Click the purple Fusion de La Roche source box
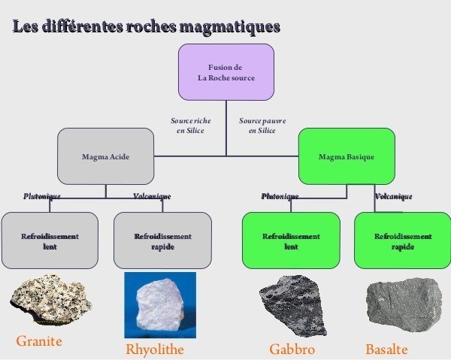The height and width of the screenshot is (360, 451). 225,72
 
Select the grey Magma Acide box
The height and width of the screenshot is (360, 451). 105,156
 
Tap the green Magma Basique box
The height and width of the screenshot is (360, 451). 347,156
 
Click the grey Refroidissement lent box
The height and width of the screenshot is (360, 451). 50,241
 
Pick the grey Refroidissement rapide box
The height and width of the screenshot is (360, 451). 162,241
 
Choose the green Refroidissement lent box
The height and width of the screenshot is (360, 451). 290,241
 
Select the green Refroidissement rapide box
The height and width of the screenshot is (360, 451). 403,241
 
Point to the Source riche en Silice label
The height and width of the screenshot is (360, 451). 190,126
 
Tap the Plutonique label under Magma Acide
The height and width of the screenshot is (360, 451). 41,196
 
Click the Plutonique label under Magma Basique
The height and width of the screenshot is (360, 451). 280,196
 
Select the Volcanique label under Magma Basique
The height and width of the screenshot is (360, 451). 393,196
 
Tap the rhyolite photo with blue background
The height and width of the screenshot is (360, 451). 159,305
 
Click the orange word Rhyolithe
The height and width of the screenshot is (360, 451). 155,349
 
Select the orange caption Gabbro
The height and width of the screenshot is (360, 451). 292,349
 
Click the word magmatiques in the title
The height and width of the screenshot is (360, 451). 230,27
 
